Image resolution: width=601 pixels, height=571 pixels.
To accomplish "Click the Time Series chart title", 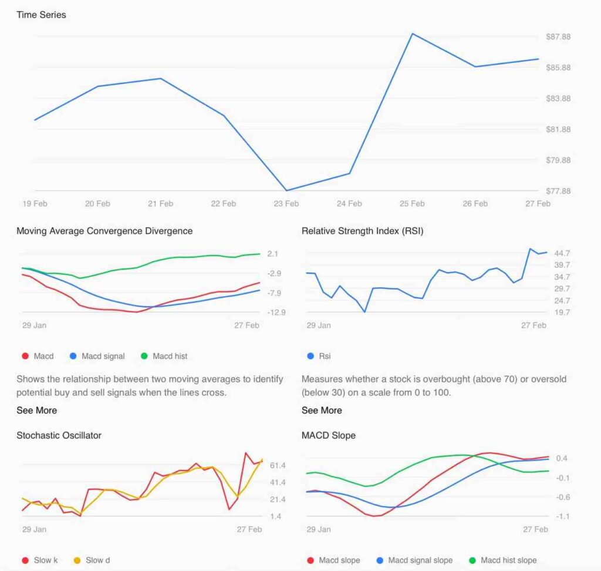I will [x=41, y=15].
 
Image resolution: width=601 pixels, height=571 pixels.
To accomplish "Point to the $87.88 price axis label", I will [x=558, y=37].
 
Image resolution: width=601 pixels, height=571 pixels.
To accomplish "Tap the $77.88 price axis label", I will [x=558, y=191].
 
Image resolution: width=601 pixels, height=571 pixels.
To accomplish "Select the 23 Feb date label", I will [x=286, y=204].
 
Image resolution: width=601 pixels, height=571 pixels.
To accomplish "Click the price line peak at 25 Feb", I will [x=413, y=33].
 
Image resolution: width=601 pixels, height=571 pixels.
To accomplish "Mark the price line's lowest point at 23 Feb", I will [x=286, y=190].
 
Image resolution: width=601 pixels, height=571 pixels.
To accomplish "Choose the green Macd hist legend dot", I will [x=144, y=356].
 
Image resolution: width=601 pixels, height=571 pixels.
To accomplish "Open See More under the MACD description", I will [x=36, y=410].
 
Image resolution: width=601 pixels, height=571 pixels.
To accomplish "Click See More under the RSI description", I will [x=322, y=410].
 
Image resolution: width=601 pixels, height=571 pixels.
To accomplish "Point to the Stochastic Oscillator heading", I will [x=59, y=435].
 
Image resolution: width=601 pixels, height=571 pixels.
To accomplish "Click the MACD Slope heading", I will [x=329, y=435].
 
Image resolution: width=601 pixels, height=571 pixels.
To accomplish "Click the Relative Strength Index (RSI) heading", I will [x=362, y=231].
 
